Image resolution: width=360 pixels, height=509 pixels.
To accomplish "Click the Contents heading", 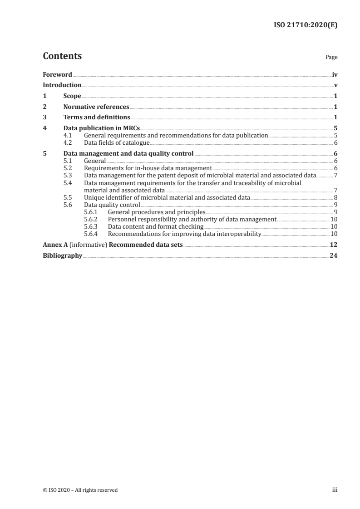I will click(x=62, y=56).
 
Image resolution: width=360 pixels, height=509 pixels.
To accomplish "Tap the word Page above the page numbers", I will click(x=331, y=58).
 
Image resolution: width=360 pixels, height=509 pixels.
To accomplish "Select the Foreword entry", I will click(x=57, y=74).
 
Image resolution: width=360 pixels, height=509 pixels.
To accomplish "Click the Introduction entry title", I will click(x=62, y=85).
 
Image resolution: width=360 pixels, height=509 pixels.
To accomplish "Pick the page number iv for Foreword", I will click(x=334, y=74).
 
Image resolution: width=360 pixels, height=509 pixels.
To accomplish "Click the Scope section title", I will click(x=72, y=96).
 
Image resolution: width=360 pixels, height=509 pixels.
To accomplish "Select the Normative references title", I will click(x=96, y=107).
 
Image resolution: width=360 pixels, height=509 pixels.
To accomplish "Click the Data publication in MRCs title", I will click(x=101, y=128).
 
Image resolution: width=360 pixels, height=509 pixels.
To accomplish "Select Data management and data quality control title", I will click(x=128, y=153).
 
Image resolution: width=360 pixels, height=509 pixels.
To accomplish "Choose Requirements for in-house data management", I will click(x=148, y=168).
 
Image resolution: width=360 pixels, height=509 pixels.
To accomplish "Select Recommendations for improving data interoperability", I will click(x=185, y=234).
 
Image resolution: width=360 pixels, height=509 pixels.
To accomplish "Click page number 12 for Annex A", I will click(x=334, y=245).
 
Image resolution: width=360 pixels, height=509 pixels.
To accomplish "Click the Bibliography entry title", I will click(x=62, y=255).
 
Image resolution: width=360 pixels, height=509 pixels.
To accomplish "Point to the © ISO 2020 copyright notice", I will click(x=80, y=490).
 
